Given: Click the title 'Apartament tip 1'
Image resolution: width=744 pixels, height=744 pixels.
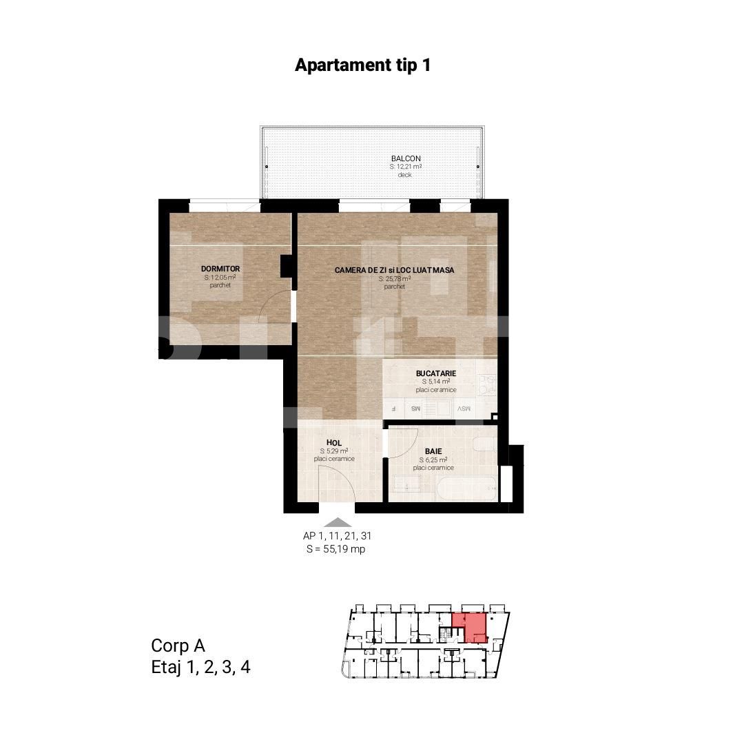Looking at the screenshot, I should coord(362,65).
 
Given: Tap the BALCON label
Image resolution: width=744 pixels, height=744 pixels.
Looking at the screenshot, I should coord(406,158).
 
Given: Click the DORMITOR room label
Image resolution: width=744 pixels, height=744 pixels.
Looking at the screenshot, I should coord(220,269).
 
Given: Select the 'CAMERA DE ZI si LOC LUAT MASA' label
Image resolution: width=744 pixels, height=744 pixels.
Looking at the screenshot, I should coord(395,270).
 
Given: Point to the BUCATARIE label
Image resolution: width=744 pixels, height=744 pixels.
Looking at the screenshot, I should coord(436,373).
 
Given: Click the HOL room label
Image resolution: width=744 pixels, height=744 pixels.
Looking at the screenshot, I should coord(334,443).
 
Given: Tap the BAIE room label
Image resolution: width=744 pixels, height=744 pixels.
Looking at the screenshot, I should coord(433,451).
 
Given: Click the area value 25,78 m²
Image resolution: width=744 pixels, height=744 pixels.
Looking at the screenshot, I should coord(395,279).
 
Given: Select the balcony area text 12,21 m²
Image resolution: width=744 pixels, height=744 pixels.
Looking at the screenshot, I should coord(406,167).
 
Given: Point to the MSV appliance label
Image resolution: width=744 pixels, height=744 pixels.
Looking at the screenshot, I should coord(464,409).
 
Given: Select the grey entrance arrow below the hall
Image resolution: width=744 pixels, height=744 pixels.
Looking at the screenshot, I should coord(337,523).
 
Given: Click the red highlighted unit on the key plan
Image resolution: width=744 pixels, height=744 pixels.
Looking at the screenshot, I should coord(470,628).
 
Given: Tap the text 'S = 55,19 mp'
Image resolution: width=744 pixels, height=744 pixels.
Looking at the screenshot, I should coord(335,549).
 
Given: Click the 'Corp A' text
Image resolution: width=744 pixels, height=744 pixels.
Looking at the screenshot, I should coord(178,645).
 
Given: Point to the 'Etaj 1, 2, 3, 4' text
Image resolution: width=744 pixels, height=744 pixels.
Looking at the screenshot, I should coord(200,667).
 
